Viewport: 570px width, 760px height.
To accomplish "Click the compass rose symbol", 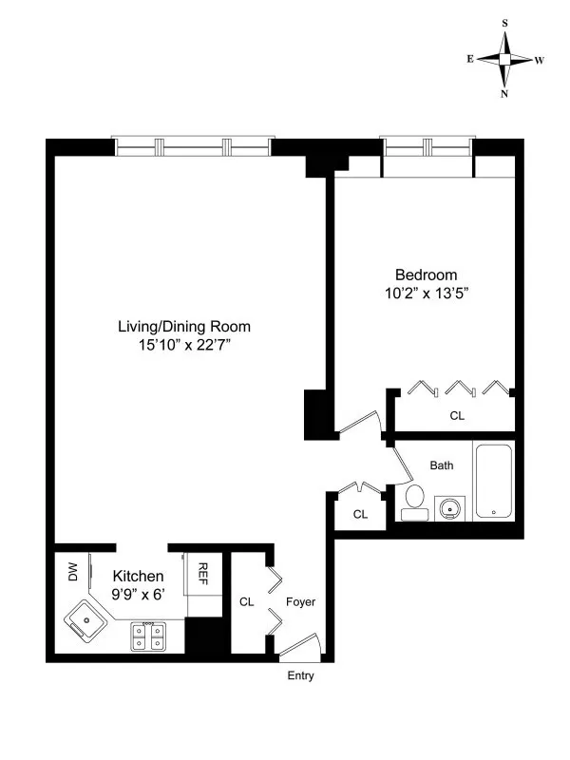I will pos(504,59).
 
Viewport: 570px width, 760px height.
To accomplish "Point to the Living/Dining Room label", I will pos(183,327).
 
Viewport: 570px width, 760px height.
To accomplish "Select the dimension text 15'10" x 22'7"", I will pos(183,346).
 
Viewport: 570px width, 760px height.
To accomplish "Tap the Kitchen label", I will pos(139,577).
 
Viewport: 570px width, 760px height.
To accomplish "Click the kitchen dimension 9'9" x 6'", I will pos(139,597).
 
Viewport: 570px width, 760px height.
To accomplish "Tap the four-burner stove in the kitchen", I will pos(148,636).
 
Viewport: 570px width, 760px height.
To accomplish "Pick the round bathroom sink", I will pos(449,507).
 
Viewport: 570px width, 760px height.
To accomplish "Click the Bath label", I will pos(442,465).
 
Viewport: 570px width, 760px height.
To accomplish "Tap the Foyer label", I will pos(300,602).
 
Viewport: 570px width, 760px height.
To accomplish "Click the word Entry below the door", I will pos(299,677).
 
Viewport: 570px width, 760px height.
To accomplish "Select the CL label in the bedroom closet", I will pos(457,415).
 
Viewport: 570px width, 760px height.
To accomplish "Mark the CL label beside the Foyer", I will pos(247,602).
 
